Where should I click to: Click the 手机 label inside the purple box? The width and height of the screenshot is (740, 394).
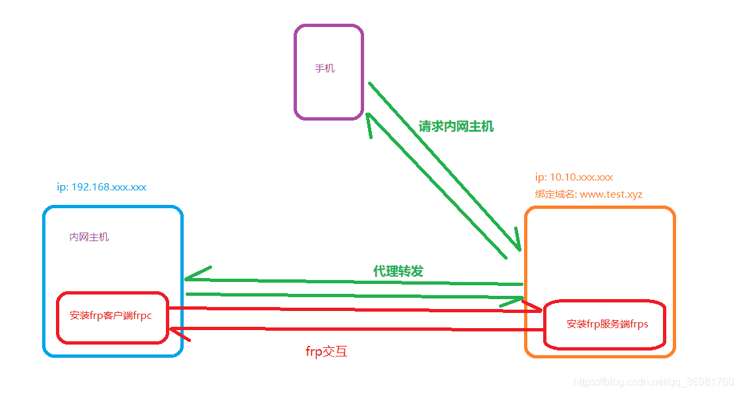point(325,69)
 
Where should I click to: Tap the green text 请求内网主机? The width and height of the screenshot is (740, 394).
point(456,127)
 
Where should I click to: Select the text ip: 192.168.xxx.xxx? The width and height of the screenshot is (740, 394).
point(101,187)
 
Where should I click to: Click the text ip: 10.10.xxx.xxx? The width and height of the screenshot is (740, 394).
point(573,177)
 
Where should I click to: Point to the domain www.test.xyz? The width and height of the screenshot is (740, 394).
point(611,194)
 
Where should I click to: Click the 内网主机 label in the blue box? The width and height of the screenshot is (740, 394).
point(89,237)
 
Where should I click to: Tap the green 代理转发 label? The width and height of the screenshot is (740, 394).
point(398,271)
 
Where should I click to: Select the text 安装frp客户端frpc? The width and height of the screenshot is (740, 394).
point(111,316)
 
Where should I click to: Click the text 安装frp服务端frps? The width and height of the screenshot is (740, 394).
point(607,324)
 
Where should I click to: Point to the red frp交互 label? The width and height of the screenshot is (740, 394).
point(326,351)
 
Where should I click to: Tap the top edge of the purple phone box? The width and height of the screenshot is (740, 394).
point(328,26)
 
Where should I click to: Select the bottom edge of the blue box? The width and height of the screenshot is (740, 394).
point(112,356)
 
